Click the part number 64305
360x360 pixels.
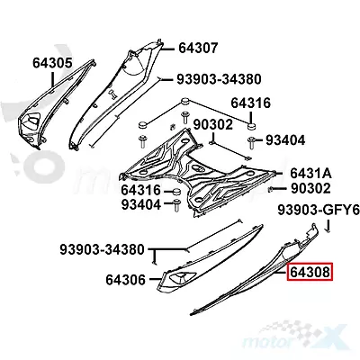[x=52, y=63]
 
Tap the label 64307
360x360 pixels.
[x=198, y=48]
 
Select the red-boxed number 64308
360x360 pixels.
[x=310, y=273]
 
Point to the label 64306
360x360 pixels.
[x=125, y=280]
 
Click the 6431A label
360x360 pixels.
[x=310, y=174]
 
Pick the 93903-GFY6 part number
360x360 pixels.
[x=319, y=210]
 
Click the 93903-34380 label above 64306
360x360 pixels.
[x=102, y=249]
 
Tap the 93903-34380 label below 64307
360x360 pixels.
[x=219, y=79]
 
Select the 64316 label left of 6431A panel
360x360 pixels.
[x=141, y=190]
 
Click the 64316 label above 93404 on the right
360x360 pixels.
[x=250, y=103]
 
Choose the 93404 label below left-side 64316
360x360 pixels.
[x=141, y=204]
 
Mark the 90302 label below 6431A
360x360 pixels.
[x=310, y=188]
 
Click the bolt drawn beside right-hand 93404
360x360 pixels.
[x=252, y=143]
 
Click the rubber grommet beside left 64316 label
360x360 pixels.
[x=176, y=192]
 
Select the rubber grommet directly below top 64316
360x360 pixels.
[x=251, y=126]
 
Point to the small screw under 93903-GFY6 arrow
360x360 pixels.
[x=329, y=231]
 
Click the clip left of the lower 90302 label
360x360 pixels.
[x=270, y=189]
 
